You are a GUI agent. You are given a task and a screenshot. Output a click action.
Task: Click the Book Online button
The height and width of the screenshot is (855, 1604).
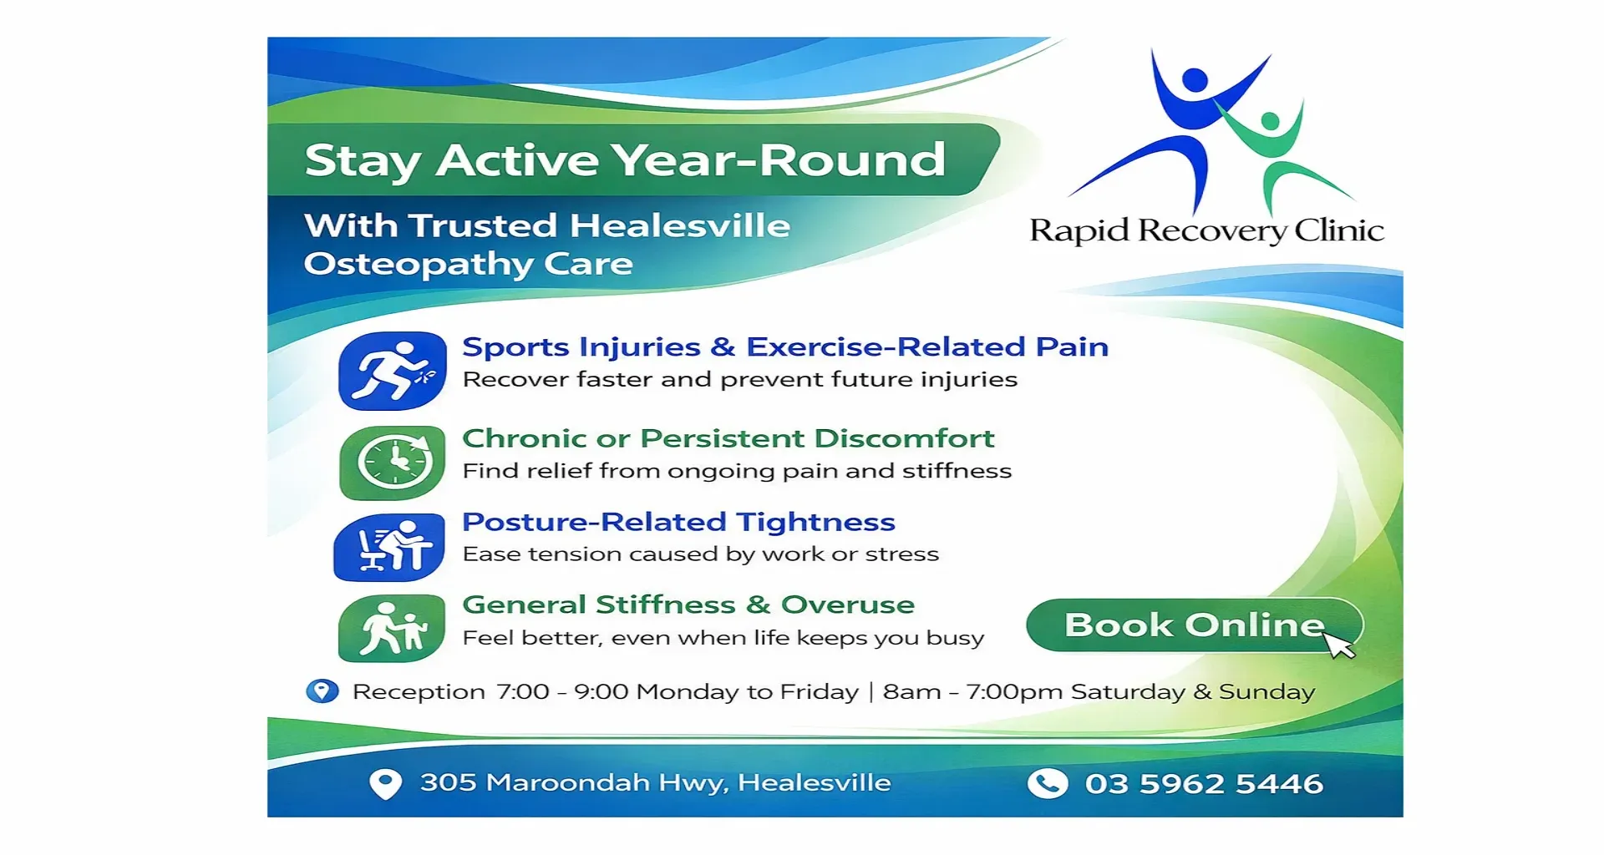[x=1194, y=625]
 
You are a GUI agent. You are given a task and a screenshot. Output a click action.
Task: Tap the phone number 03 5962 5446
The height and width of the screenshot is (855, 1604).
[x=1204, y=783]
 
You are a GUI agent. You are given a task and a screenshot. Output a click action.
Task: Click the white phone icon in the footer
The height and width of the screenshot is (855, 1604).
[x=1048, y=783]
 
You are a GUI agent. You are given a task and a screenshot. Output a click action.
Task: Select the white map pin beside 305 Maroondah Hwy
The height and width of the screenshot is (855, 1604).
[x=385, y=783]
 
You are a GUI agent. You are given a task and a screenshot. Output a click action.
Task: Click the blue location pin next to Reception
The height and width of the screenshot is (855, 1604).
[x=322, y=691]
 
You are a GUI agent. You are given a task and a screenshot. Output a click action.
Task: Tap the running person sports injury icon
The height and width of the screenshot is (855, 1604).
[x=393, y=371]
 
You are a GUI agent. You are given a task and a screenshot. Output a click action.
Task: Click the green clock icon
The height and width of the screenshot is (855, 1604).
[x=393, y=463]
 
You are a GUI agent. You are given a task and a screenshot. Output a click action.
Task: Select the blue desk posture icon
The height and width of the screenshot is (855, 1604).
[x=389, y=547]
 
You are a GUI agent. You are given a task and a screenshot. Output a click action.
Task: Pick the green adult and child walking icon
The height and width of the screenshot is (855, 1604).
[x=391, y=628]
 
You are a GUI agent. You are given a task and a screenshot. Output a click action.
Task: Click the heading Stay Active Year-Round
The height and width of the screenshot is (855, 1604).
[x=625, y=159]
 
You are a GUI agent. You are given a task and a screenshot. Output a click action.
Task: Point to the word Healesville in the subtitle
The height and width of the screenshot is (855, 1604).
[x=680, y=225]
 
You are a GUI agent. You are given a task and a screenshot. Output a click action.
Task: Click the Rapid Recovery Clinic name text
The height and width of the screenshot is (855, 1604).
[x=1207, y=230]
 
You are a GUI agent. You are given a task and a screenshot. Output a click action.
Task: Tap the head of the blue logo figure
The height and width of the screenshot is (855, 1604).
[x=1195, y=81]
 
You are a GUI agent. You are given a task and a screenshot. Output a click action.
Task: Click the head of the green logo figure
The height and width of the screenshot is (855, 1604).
[x=1270, y=122]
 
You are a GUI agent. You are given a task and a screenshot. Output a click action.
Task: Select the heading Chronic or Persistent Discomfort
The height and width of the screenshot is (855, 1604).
[x=728, y=438]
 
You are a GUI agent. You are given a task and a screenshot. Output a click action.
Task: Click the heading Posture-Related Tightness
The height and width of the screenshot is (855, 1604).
[x=679, y=522]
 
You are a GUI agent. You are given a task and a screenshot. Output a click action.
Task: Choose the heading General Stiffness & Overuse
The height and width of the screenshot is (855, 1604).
[x=688, y=605]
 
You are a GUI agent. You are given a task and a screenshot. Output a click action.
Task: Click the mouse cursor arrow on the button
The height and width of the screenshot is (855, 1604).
[x=1339, y=645]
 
